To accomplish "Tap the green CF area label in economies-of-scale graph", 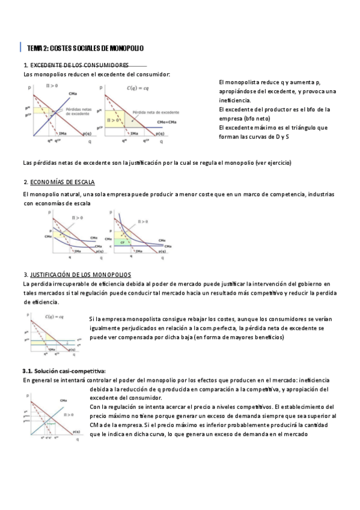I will [123, 242].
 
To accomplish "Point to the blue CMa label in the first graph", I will [73, 93].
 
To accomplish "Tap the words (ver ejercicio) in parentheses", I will [273, 163].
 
